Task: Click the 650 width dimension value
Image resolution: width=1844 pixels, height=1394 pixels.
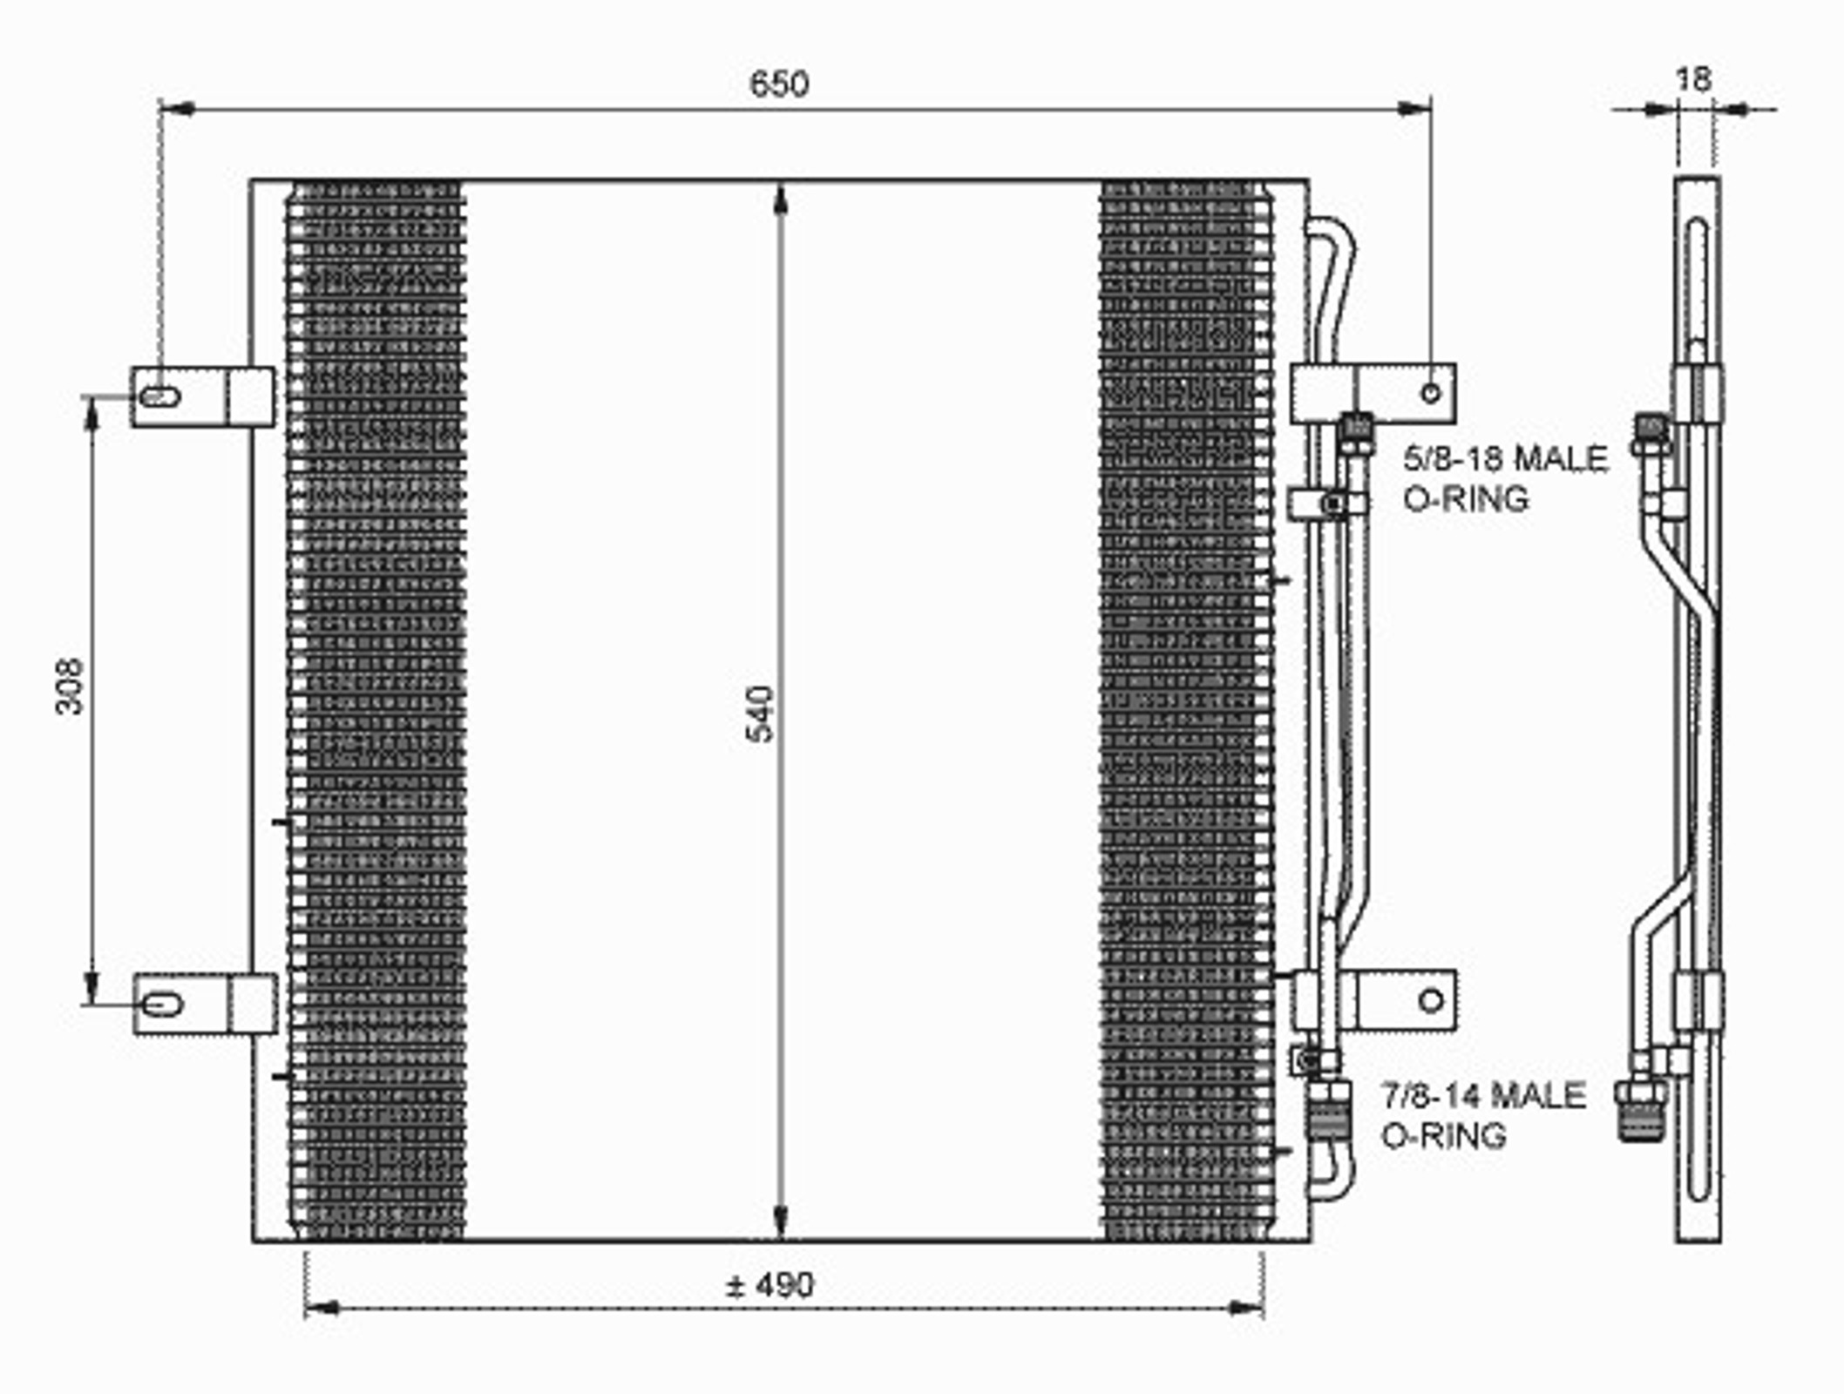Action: [x=779, y=84]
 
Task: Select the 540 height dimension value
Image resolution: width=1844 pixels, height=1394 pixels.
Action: [x=760, y=714]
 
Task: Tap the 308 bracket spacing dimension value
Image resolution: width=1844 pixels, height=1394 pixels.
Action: [x=69, y=687]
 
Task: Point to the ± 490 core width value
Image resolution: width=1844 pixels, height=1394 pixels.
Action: [x=770, y=1284]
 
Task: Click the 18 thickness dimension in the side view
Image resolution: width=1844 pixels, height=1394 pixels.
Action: [x=1693, y=79]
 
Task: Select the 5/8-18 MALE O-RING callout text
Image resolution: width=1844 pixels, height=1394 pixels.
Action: [x=1505, y=478]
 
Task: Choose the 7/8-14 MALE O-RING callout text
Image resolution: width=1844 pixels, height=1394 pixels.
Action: [x=1483, y=1115]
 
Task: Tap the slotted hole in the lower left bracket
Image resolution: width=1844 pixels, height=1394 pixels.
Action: [x=162, y=1005]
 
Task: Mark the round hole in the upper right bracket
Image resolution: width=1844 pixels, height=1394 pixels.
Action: [x=1431, y=393]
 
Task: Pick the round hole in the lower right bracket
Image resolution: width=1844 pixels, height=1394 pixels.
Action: [x=1431, y=1001]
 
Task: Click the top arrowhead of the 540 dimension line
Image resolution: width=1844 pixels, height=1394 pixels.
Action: [x=781, y=199]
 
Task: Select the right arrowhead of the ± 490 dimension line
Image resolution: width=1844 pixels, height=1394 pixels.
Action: [x=1245, y=1307]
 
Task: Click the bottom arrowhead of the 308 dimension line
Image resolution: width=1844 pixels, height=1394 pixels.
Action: [x=91, y=987]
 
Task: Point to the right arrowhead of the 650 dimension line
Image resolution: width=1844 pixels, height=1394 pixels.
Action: [x=1413, y=109]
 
